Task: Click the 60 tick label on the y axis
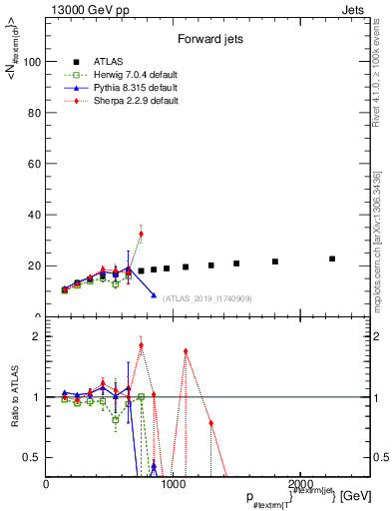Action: coord(35,164)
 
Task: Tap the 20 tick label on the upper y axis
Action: coord(35,265)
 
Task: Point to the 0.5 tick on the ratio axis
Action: coord(34,457)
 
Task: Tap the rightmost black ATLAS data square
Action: coord(332,258)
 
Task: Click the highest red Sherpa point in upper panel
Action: coord(141,234)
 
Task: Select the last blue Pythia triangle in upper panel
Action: coord(154,295)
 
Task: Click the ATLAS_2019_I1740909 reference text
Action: coord(205,298)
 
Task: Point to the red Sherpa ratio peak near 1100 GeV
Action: coord(186,351)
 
